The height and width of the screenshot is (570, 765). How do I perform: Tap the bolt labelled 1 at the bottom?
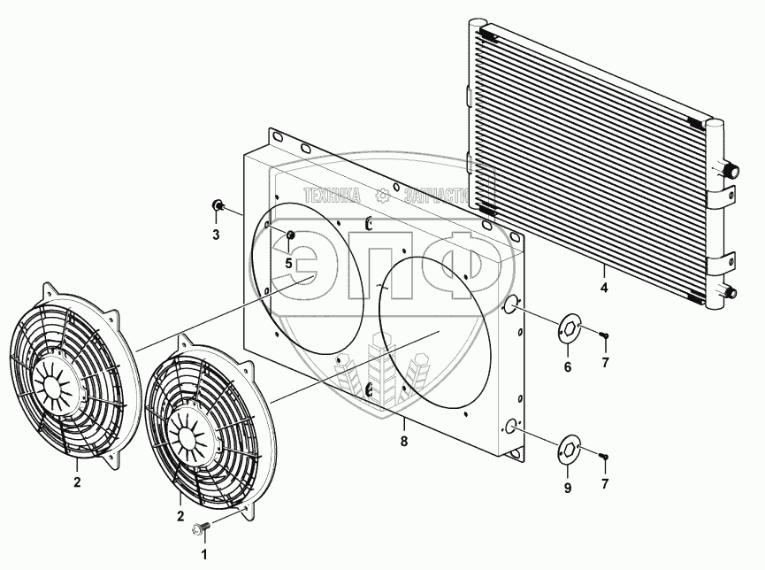point(199,529)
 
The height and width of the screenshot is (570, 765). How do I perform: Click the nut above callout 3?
point(217,208)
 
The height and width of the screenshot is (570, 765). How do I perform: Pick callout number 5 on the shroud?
point(288,263)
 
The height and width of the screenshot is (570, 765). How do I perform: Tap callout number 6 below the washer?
point(568,366)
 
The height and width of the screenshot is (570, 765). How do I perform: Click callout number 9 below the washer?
point(568,488)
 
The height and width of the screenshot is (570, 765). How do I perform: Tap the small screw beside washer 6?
point(605,335)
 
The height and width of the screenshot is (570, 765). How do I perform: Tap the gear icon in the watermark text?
point(382,196)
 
